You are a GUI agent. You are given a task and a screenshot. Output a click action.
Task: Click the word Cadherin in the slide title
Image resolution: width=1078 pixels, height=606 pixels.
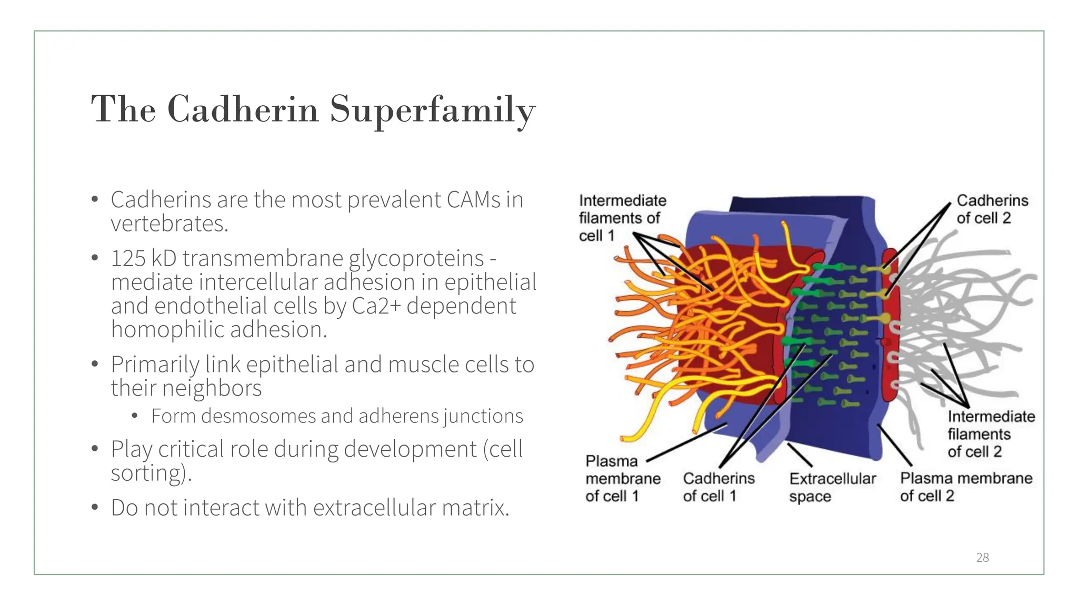[x=243, y=109]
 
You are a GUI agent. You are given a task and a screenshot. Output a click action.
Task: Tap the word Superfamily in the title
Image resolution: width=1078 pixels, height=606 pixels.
[x=432, y=110]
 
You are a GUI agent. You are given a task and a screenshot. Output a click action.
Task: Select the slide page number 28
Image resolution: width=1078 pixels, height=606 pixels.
[x=982, y=558]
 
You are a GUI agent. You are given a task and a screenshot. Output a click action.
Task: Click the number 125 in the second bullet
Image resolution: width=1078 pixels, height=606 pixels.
[x=128, y=258]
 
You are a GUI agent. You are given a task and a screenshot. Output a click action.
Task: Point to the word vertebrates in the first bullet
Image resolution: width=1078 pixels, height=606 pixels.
[x=169, y=224]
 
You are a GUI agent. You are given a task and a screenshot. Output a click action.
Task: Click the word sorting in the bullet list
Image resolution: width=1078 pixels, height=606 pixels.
[x=147, y=473]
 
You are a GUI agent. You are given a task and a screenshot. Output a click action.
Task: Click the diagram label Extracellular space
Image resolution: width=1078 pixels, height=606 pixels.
[x=832, y=487]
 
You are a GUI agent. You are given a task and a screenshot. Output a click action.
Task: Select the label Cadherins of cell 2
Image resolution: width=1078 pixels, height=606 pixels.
[x=992, y=209]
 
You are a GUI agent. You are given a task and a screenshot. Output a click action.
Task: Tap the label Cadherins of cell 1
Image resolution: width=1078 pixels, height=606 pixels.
[x=718, y=487]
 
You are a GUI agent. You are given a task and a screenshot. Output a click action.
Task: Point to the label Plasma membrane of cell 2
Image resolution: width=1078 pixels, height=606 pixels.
[x=965, y=487]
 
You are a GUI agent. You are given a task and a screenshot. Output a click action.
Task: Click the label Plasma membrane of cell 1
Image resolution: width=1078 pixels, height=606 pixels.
[x=622, y=478]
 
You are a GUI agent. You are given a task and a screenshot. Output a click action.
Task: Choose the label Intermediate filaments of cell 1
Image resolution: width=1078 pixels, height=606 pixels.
[x=622, y=218]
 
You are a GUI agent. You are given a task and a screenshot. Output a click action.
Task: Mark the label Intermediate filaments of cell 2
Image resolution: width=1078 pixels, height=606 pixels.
[x=991, y=434]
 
